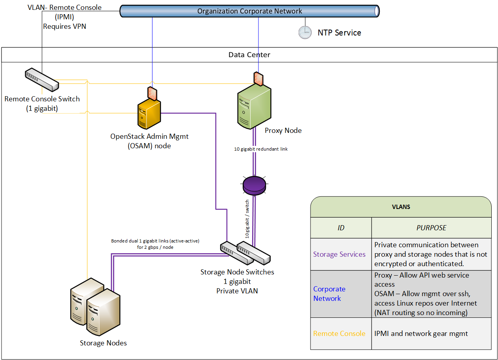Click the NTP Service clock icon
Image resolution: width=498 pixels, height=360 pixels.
305,33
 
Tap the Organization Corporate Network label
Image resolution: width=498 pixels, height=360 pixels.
249,11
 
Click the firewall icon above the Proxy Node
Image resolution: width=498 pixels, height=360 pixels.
258,79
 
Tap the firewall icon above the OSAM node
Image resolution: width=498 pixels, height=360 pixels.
152,93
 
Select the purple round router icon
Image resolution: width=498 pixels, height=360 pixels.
254,185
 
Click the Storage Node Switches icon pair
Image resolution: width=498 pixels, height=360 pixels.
245,253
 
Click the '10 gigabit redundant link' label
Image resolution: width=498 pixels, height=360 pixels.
261,149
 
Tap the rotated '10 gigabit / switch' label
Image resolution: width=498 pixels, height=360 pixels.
247,219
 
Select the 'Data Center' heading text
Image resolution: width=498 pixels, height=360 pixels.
249,55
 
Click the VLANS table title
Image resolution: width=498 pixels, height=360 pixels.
401,207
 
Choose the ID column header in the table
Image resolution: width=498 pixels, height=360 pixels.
341,228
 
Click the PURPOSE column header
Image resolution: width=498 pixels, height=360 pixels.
431,228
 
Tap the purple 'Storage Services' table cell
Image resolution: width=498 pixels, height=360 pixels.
339,254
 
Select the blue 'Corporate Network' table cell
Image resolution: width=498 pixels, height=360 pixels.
329,294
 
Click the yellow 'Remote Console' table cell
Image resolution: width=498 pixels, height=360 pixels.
339,334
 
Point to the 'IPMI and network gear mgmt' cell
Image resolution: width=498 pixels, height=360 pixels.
421,334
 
